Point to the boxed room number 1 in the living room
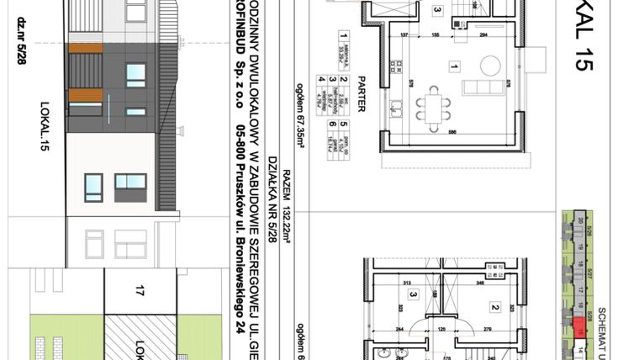[454, 66]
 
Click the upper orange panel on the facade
[85, 49]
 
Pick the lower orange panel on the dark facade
[85, 94]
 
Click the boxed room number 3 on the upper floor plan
[413, 295]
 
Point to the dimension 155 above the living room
[436, 35]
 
